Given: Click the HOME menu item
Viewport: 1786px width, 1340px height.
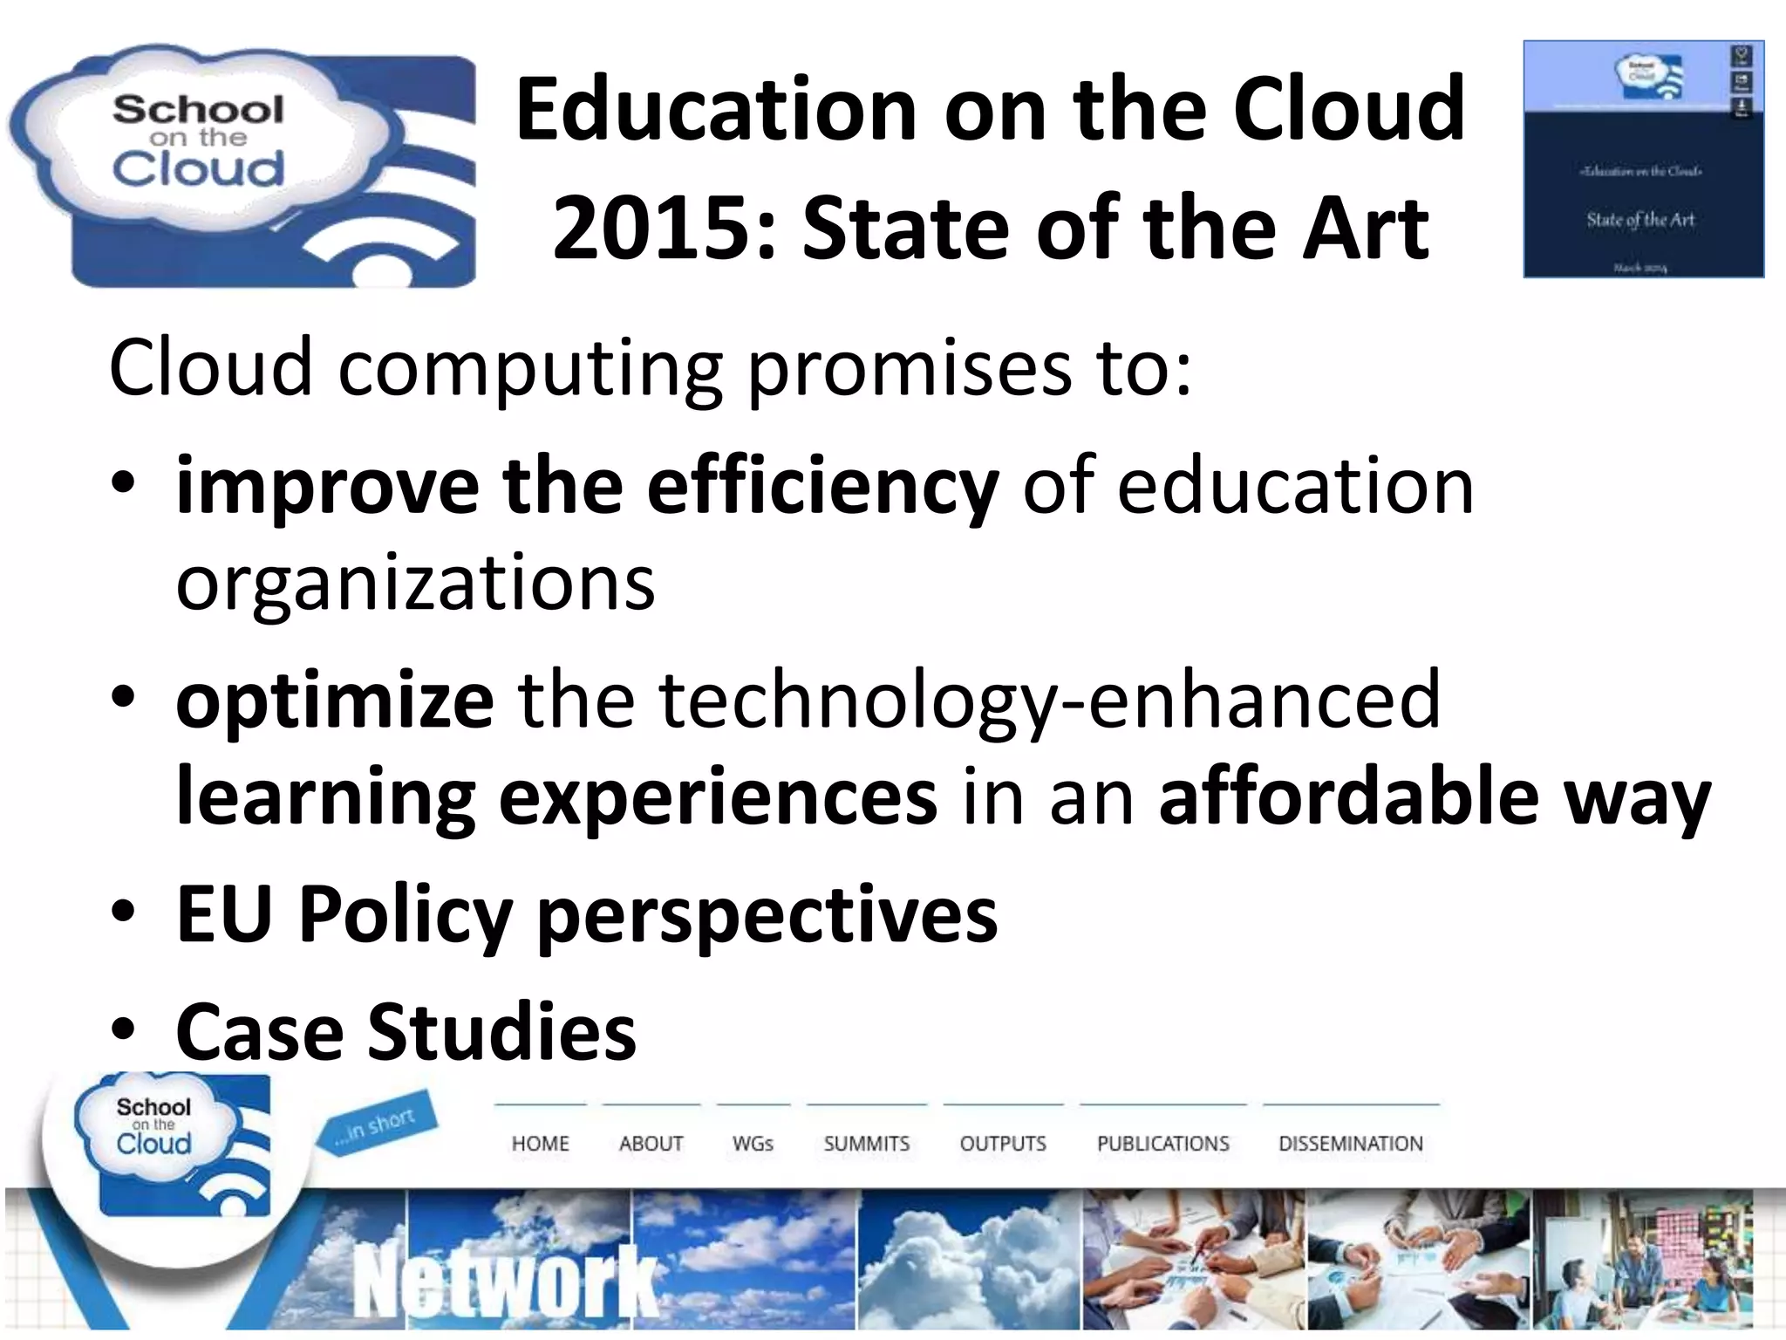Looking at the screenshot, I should pos(540,1143).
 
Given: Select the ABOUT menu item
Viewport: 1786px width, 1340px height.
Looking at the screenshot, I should pos(651,1143).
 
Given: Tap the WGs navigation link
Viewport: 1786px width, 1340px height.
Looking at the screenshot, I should pos(753,1143).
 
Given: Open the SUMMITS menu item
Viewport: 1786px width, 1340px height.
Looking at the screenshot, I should pos(866,1143).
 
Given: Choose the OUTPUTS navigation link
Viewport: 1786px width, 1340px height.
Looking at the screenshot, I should pos(1002,1143).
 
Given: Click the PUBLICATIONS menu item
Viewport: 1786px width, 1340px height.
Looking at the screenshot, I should pos(1162,1143).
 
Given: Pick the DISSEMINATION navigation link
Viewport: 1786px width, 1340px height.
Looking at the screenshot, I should pos(1350,1143).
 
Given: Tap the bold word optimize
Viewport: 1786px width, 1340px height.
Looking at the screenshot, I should pos(335,700).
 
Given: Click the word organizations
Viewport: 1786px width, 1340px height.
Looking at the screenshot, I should pos(415,583).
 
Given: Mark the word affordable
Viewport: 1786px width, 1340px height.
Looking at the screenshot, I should pos(1348,796).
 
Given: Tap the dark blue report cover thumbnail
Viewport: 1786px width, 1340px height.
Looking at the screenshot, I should pos(1643,160).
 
